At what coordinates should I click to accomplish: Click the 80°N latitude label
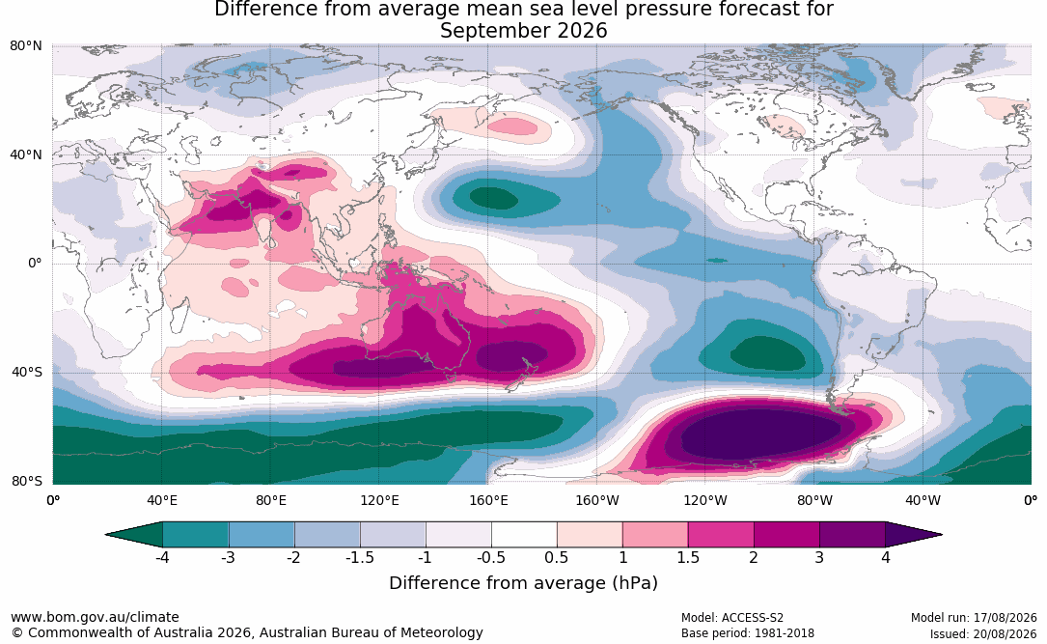[26, 46]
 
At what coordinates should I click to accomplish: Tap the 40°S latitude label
[27, 372]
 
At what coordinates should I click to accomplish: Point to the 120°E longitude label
[379, 500]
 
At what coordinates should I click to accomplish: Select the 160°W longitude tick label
[597, 500]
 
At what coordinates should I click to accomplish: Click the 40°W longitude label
[923, 500]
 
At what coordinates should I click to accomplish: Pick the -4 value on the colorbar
[161, 557]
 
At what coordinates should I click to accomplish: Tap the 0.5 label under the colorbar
[557, 557]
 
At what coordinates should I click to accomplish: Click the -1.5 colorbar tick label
[359, 557]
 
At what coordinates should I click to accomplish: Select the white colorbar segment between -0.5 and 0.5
[524, 535]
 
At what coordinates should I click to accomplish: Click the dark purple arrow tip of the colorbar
[914, 535]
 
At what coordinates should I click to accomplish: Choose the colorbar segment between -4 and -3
[196, 535]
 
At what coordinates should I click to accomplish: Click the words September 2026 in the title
[523, 31]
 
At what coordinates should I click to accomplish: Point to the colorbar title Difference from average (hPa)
[523, 582]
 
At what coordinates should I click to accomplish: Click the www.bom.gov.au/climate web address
[95, 617]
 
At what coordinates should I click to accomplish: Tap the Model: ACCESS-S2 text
[731, 618]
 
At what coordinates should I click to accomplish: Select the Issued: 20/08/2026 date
[983, 633]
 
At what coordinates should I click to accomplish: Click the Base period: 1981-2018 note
[747, 633]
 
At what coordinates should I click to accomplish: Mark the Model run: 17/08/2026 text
[974, 618]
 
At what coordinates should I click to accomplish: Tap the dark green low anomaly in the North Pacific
[493, 198]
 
